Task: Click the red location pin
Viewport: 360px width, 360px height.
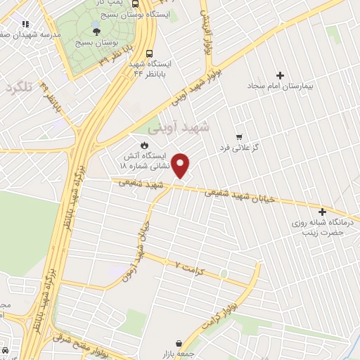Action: click(x=181, y=165)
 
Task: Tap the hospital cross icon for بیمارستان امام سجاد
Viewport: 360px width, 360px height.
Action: click(x=281, y=75)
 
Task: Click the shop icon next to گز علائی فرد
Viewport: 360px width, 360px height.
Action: click(x=239, y=137)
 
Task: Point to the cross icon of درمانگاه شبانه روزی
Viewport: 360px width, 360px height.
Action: click(x=323, y=212)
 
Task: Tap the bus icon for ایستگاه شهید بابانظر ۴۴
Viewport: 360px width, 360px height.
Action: click(x=149, y=53)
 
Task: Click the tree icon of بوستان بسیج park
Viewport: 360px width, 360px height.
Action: click(x=96, y=31)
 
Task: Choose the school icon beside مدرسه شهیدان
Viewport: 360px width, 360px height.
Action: click(x=25, y=23)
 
